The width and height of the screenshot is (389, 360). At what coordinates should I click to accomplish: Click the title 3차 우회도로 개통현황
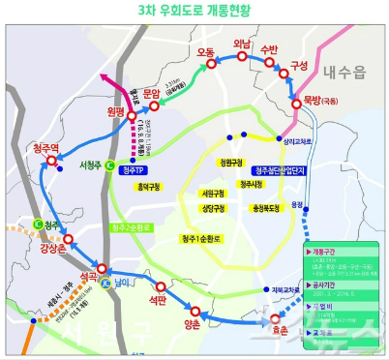coord(194,11)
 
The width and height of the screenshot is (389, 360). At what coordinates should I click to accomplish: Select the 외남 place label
coord(241,45)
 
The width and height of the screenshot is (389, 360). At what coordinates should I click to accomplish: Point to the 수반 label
coord(271,46)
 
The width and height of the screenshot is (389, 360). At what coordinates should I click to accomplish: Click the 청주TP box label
coord(137,166)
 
